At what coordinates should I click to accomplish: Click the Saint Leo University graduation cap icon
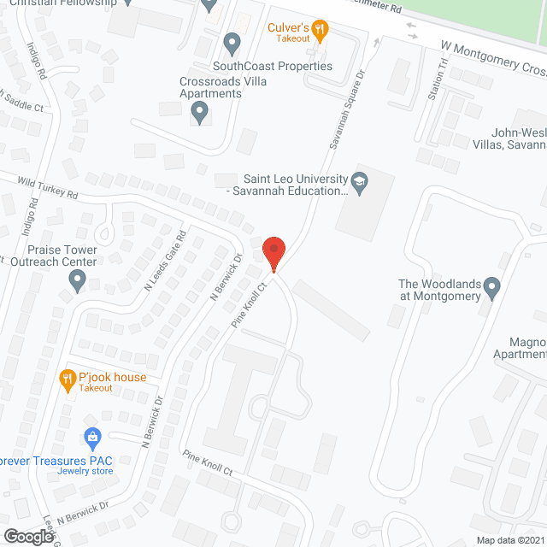360,179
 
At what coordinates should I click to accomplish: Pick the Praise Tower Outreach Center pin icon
78,279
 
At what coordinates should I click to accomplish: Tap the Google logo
27,536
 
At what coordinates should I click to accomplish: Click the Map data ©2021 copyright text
509,540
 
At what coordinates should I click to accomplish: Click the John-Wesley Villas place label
517,138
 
